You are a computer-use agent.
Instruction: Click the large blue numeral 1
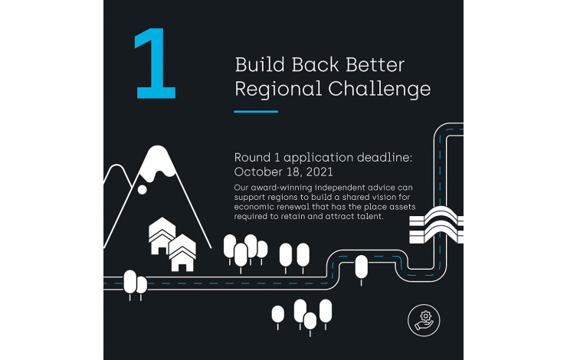[x=156, y=64]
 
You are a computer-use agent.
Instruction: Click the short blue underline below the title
[x=256, y=111]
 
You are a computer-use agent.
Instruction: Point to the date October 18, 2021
[x=283, y=172]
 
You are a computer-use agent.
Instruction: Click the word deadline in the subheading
[x=385, y=158]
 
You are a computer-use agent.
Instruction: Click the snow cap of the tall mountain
[x=157, y=162]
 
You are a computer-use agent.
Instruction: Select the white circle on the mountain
[x=142, y=189]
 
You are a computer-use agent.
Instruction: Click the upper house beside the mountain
[x=162, y=235]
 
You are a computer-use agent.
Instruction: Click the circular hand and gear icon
[x=424, y=320]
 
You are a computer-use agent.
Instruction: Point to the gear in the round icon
[x=426, y=316]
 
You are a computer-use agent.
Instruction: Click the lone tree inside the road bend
[x=361, y=270]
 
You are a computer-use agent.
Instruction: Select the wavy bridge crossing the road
[x=436, y=225]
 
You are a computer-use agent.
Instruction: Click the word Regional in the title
[x=278, y=90]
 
